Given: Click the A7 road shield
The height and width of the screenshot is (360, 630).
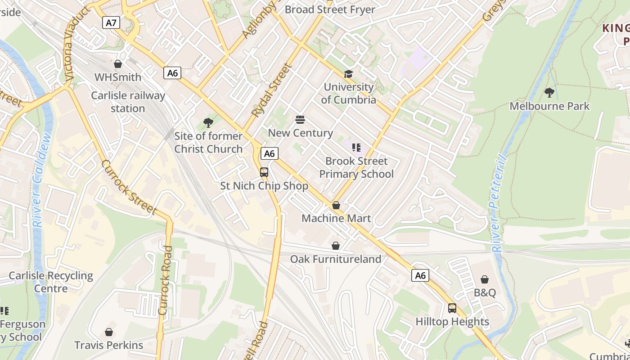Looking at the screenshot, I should pyautogui.click(x=111, y=22).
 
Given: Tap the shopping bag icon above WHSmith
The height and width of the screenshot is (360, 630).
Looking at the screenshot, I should pyautogui.click(x=118, y=64).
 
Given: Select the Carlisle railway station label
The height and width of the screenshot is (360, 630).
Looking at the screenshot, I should pyautogui.click(x=128, y=102).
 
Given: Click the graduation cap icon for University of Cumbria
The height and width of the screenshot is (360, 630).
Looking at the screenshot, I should pyautogui.click(x=349, y=74).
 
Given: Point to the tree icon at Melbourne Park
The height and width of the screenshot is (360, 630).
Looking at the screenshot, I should pyautogui.click(x=549, y=93).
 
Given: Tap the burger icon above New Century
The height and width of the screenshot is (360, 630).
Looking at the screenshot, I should pyautogui.click(x=300, y=120).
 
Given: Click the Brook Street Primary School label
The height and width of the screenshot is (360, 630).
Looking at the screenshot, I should pyautogui.click(x=356, y=167).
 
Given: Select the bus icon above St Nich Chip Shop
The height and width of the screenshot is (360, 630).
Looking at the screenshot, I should pyautogui.click(x=264, y=172).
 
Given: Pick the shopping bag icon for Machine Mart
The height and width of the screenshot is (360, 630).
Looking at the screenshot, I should pyautogui.click(x=336, y=205).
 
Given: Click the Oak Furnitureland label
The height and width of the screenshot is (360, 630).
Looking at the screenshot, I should pyautogui.click(x=335, y=259).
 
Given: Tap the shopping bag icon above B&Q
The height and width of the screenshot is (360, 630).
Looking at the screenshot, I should pyautogui.click(x=485, y=279).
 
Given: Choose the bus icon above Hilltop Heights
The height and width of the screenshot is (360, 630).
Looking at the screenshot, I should pyautogui.click(x=452, y=308).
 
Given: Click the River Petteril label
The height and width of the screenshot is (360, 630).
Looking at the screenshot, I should pyautogui.click(x=498, y=202).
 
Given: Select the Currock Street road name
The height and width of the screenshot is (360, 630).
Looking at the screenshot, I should pyautogui.click(x=129, y=187).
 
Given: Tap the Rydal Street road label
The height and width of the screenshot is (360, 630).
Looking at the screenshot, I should pyautogui.click(x=271, y=90).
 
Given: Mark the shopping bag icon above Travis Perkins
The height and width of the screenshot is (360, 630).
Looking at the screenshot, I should pyautogui.click(x=109, y=332).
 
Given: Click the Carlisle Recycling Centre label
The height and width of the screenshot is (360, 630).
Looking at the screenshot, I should pyautogui.click(x=51, y=282).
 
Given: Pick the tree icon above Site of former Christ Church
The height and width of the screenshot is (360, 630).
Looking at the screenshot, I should pyautogui.click(x=208, y=122).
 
